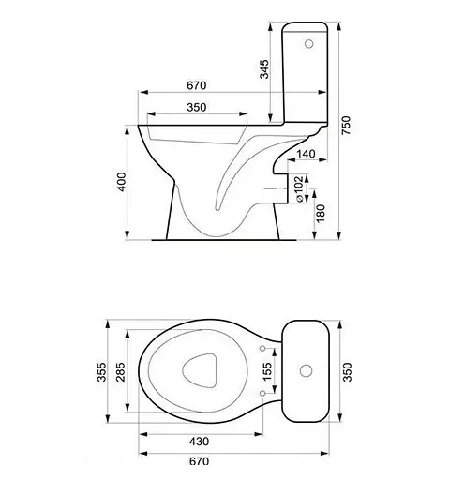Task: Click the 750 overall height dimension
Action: pos(346,126)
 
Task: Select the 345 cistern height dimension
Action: pos(264,69)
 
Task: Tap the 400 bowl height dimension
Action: pos(121,182)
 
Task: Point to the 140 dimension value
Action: pos(306,154)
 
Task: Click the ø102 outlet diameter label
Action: pos(299,189)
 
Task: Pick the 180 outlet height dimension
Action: pos(321,214)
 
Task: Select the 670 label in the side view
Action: pos(197,85)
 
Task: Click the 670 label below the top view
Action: pos(199,461)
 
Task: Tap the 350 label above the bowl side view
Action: pos(197,107)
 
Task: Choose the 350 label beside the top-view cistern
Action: pos(347,372)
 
